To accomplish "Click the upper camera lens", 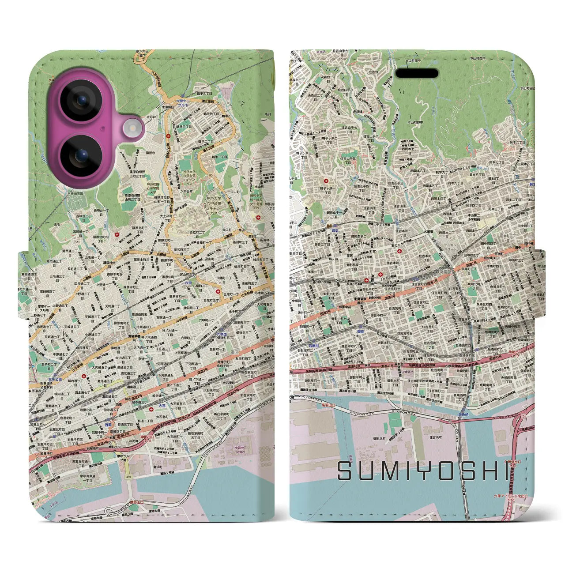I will tap(81, 101).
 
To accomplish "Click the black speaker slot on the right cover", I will tap(416, 73).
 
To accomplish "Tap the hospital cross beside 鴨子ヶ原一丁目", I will tap(326, 181).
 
